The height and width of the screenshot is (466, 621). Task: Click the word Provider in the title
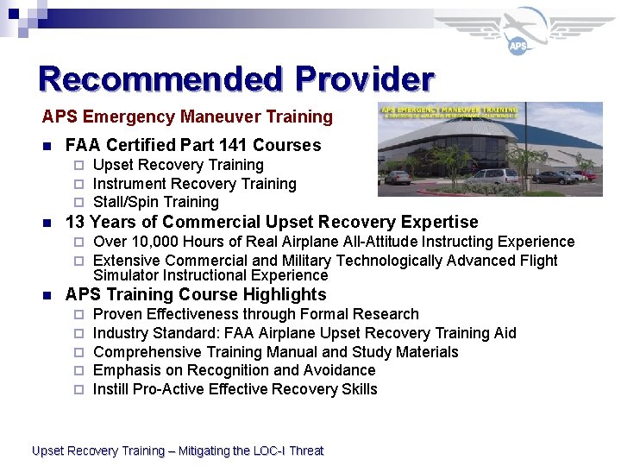click(364, 79)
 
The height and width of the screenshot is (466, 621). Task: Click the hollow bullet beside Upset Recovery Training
click(78, 165)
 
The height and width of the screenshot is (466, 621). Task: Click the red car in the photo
click(590, 175)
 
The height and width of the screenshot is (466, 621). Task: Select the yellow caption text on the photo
click(449, 110)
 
